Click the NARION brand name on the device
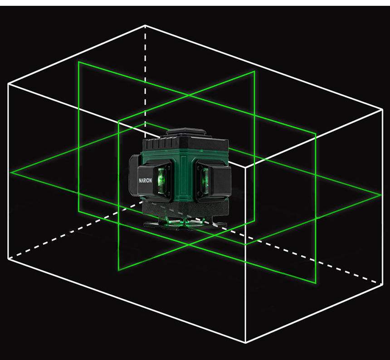click(145, 180)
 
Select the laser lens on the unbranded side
click(205, 180)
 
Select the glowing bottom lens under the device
click(185, 221)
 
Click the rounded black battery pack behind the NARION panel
click(134, 174)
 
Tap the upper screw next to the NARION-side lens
click(168, 168)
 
